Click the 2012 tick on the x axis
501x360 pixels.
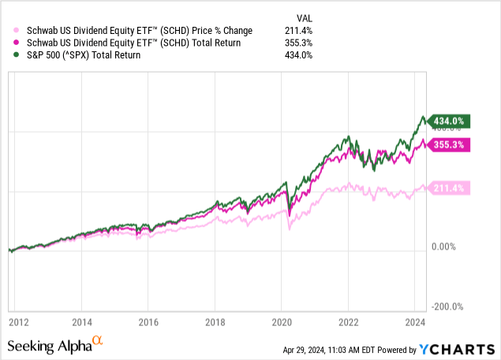21,323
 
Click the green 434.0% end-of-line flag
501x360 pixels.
447,121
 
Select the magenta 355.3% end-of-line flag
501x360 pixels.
447,145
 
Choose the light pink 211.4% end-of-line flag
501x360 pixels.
447,188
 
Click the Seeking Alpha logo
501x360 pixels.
55,345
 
